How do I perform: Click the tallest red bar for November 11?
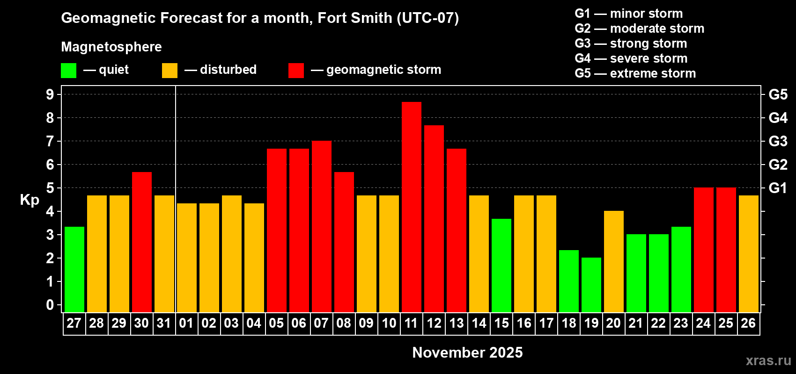pos(411,207)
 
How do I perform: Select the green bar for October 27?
pos(74,269)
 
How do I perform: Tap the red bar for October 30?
pos(141,242)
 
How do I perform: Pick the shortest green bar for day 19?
pos(591,285)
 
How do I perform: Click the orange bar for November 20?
pos(613,261)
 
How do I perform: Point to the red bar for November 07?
pos(321,226)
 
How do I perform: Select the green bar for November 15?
pos(501,265)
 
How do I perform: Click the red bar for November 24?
pos(703,250)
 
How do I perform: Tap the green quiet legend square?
pos(68,71)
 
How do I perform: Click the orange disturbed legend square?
pos(170,71)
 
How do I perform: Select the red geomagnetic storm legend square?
pos(296,71)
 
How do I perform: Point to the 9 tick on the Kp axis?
pos(50,94)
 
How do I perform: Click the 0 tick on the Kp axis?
pos(50,305)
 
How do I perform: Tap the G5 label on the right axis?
pos(778,94)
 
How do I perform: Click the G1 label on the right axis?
pos(778,188)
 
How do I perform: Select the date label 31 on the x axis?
pos(164,323)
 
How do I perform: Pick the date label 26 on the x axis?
pos(748,323)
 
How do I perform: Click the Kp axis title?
pos(29,200)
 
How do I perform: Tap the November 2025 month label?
pos(467,352)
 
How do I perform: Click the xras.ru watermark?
pos(768,360)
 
